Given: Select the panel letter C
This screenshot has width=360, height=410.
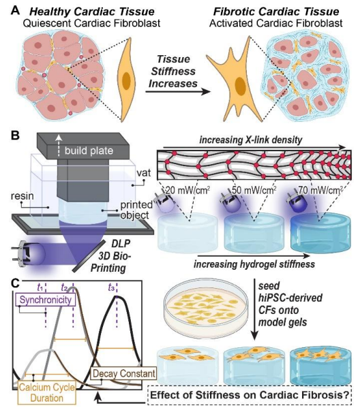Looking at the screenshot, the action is pos(16,284).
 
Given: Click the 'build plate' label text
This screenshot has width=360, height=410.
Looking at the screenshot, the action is pos(89,151).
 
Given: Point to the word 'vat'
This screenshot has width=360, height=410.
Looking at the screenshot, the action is pos(143,173).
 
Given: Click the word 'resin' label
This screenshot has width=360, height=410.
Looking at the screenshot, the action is pos(22,195).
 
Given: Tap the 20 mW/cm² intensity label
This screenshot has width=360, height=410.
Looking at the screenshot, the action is pos(187,190).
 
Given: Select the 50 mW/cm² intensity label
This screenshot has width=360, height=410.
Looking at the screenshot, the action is pos(254,190).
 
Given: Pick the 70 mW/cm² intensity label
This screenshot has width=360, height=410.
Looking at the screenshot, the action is pos(320,190).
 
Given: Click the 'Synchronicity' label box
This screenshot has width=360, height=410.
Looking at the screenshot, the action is pos(46,300).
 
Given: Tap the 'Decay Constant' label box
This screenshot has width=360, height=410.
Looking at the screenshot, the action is pos(123,373).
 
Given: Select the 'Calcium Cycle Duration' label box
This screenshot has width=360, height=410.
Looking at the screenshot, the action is pos(47,392).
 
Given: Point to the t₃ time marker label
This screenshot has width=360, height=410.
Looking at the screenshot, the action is pos(112,287).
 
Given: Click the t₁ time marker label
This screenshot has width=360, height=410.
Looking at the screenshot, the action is pos(40,287).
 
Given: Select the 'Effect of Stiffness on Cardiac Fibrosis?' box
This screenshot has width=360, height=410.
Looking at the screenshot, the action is pos(250,395).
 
